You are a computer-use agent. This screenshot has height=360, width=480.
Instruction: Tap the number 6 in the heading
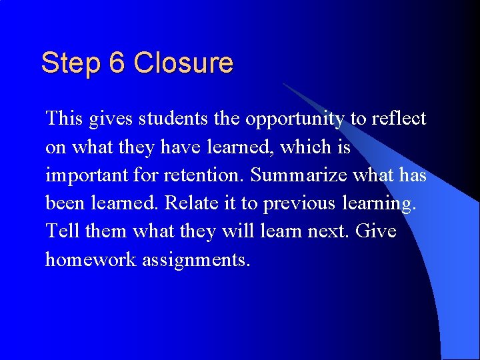pos(117,64)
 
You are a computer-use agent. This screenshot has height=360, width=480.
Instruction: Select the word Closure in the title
pos(183,64)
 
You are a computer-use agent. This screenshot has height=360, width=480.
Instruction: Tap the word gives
pos(111,120)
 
